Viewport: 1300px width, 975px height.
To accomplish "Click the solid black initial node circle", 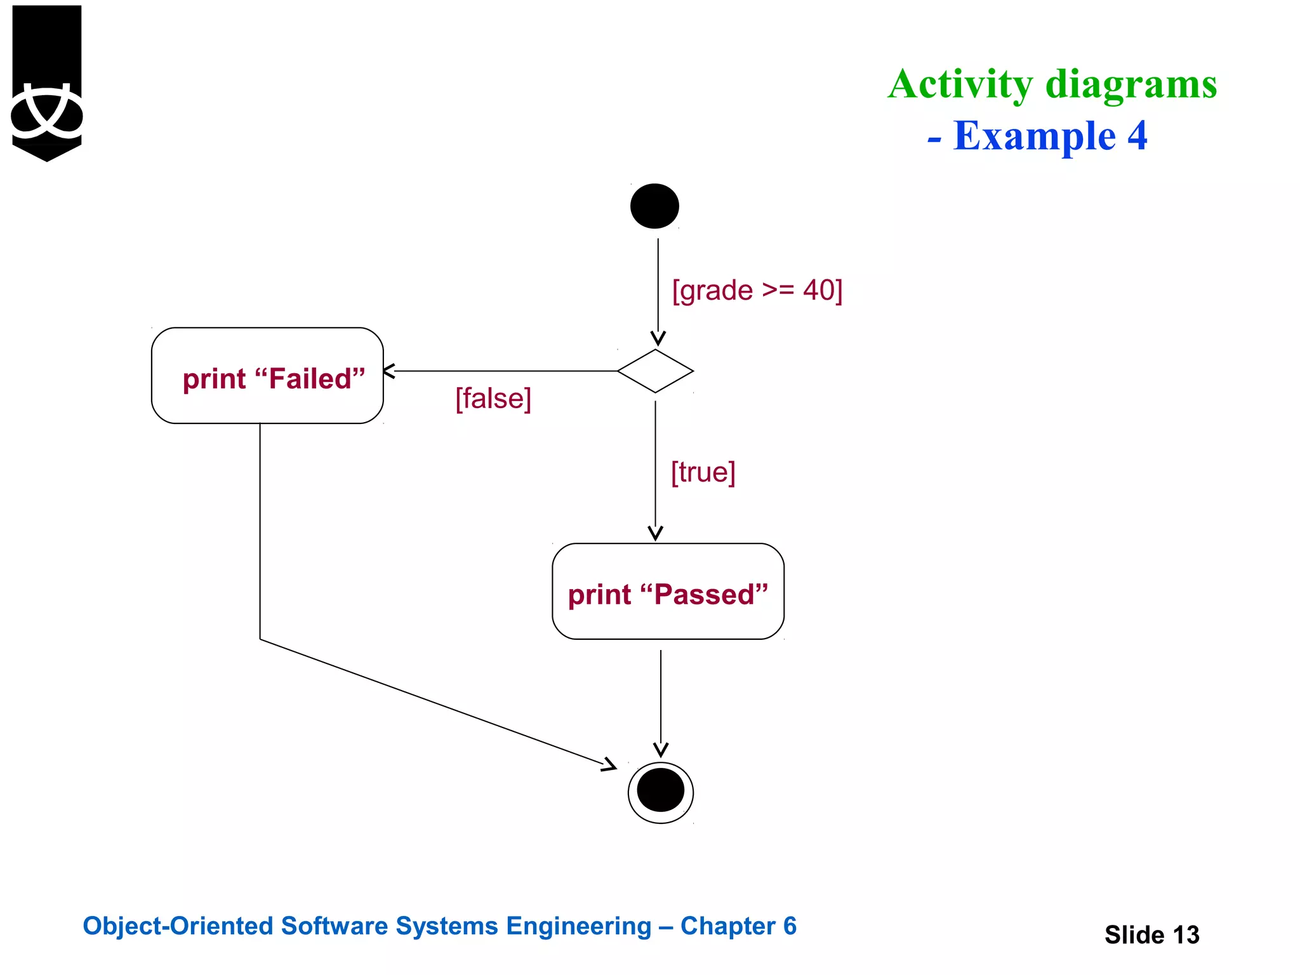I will coord(654,206).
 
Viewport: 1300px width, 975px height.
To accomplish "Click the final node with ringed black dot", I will coord(660,792).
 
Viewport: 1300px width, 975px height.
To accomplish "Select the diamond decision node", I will coord(655,371).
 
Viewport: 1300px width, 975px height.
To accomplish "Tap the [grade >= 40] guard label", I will coord(757,291).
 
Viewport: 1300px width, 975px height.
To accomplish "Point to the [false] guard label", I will coord(493,399).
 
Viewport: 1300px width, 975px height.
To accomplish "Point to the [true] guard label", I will coord(703,472).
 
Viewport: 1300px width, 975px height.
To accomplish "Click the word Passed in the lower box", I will coord(704,595).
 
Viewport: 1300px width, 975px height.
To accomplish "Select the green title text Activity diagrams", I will coord(1052,84).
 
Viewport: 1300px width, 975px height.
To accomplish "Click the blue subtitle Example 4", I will coord(1049,136).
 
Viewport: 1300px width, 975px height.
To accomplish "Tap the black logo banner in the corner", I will coord(47,83).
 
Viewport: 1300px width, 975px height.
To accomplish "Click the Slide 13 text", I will coord(1151,934).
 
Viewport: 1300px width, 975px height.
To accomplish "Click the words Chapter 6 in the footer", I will coord(738,926).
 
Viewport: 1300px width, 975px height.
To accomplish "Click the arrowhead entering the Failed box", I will coord(388,371).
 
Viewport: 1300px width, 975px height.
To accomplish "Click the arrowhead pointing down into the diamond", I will coord(658,338).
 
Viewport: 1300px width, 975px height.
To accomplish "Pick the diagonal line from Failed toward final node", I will coord(432,701).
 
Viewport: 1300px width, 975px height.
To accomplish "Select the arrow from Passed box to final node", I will coord(661,698).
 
